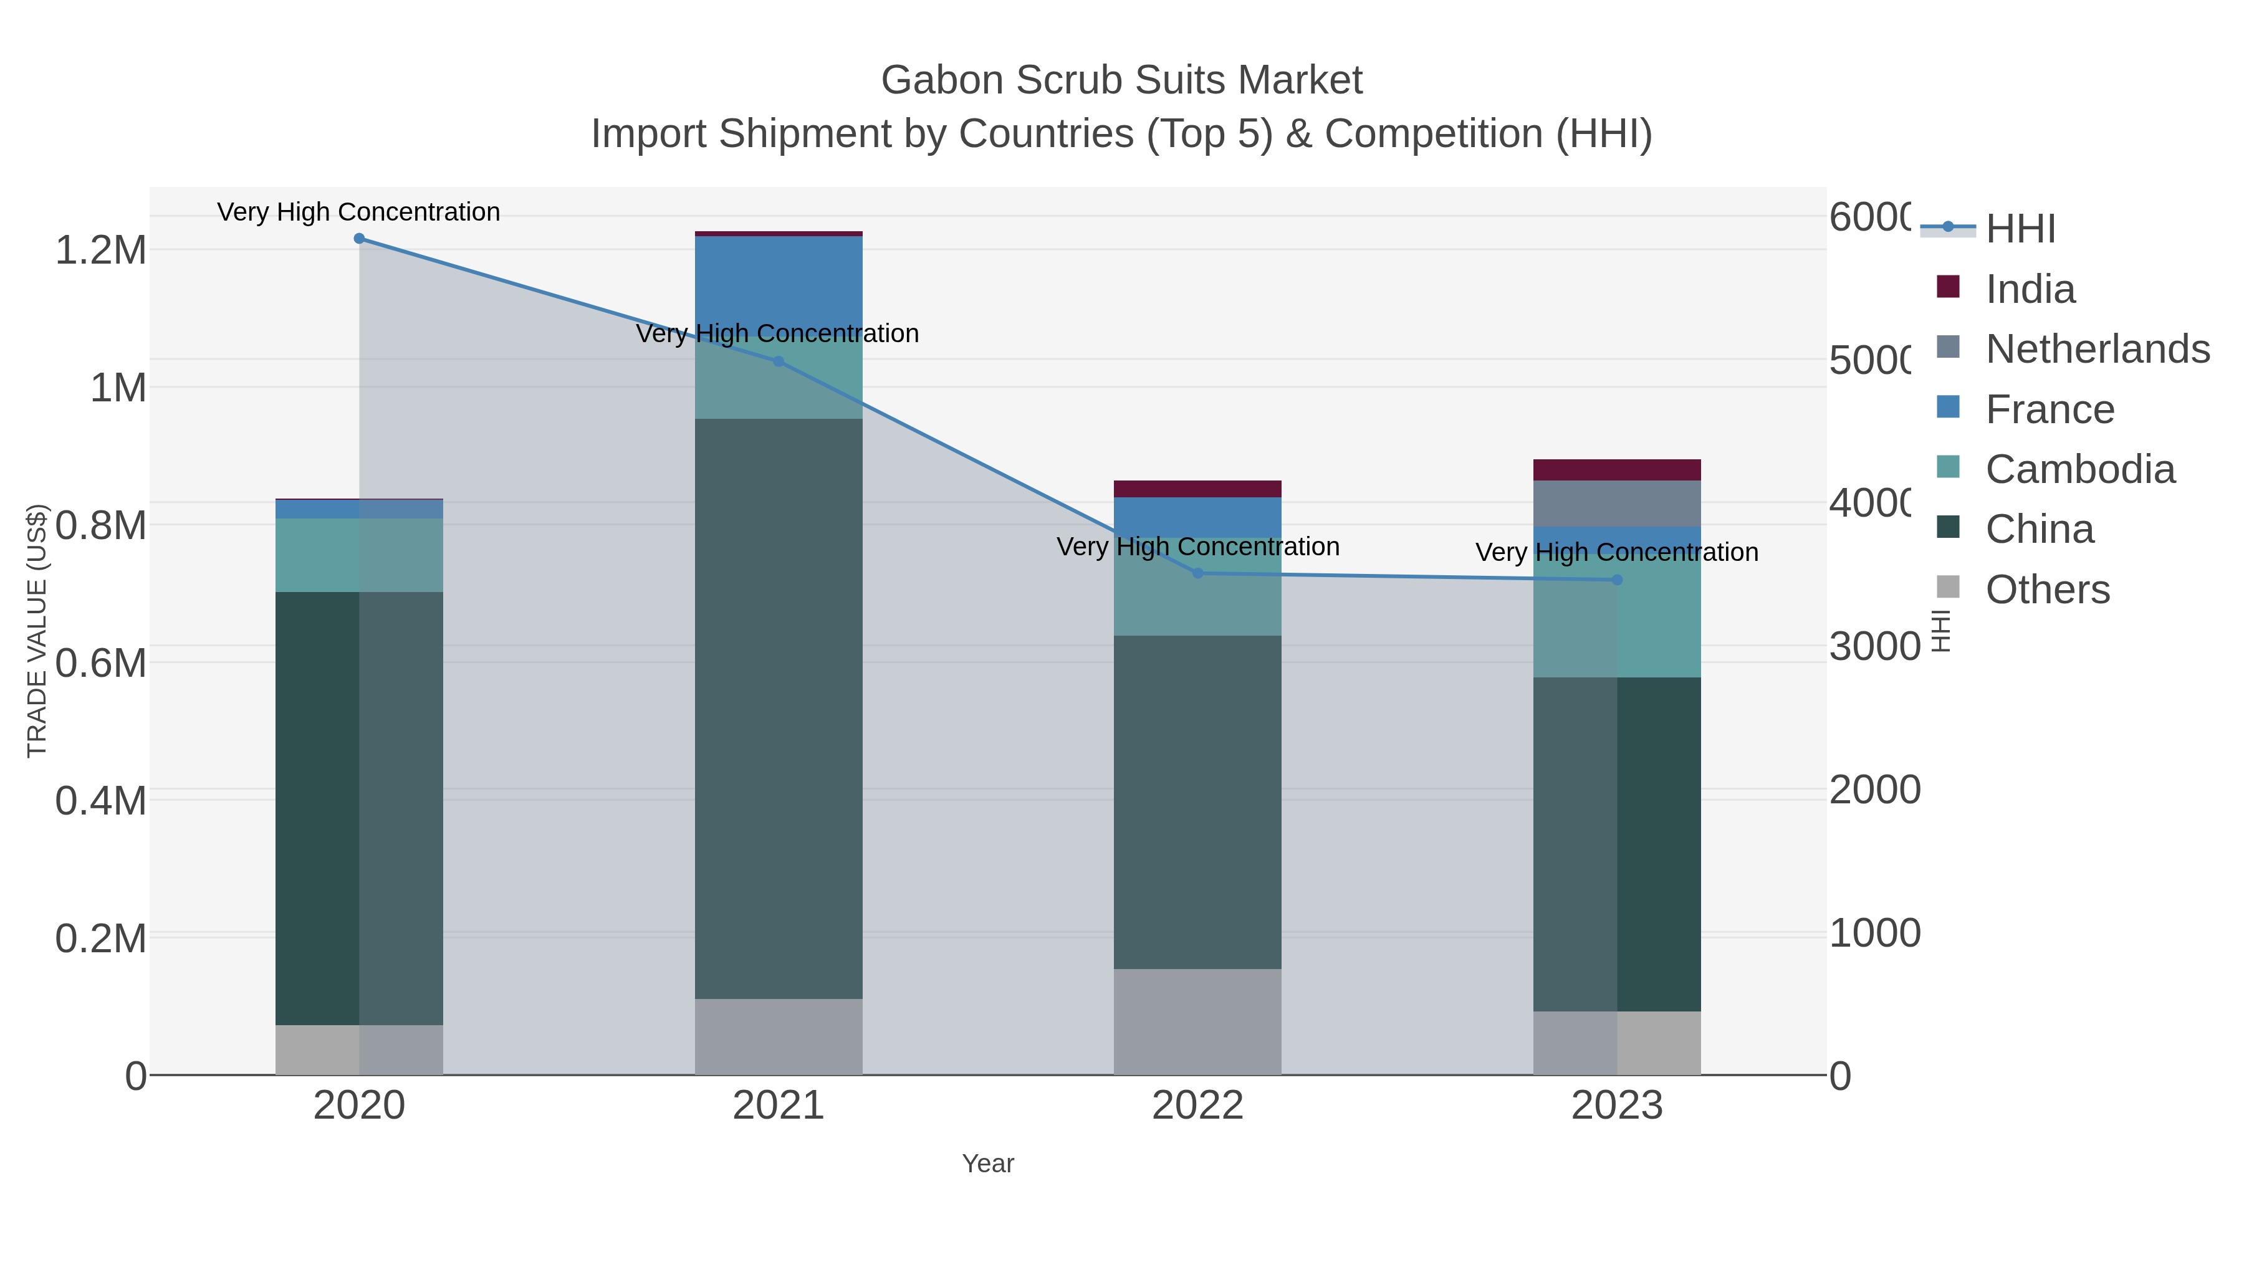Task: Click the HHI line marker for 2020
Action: point(359,239)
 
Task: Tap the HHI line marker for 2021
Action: point(779,361)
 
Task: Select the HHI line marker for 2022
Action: point(1198,573)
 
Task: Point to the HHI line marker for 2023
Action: point(1618,580)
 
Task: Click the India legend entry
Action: point(2030,289)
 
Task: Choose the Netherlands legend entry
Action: point(2097,349)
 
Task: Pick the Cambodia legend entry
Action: point(2079,469)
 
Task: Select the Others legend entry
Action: point(2047,590)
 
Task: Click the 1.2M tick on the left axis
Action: point(101,251)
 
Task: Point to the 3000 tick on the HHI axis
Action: point(1874,647)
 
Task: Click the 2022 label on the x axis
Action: point(1198,1106)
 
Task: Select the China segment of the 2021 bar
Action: point(779,707)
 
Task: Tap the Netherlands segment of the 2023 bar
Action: point(1618,504)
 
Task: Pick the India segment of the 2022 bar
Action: point(1198,489)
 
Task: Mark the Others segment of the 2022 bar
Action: point(1198,1021)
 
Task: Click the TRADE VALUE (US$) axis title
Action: point(37,631)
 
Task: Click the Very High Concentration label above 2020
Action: point(359,213)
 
